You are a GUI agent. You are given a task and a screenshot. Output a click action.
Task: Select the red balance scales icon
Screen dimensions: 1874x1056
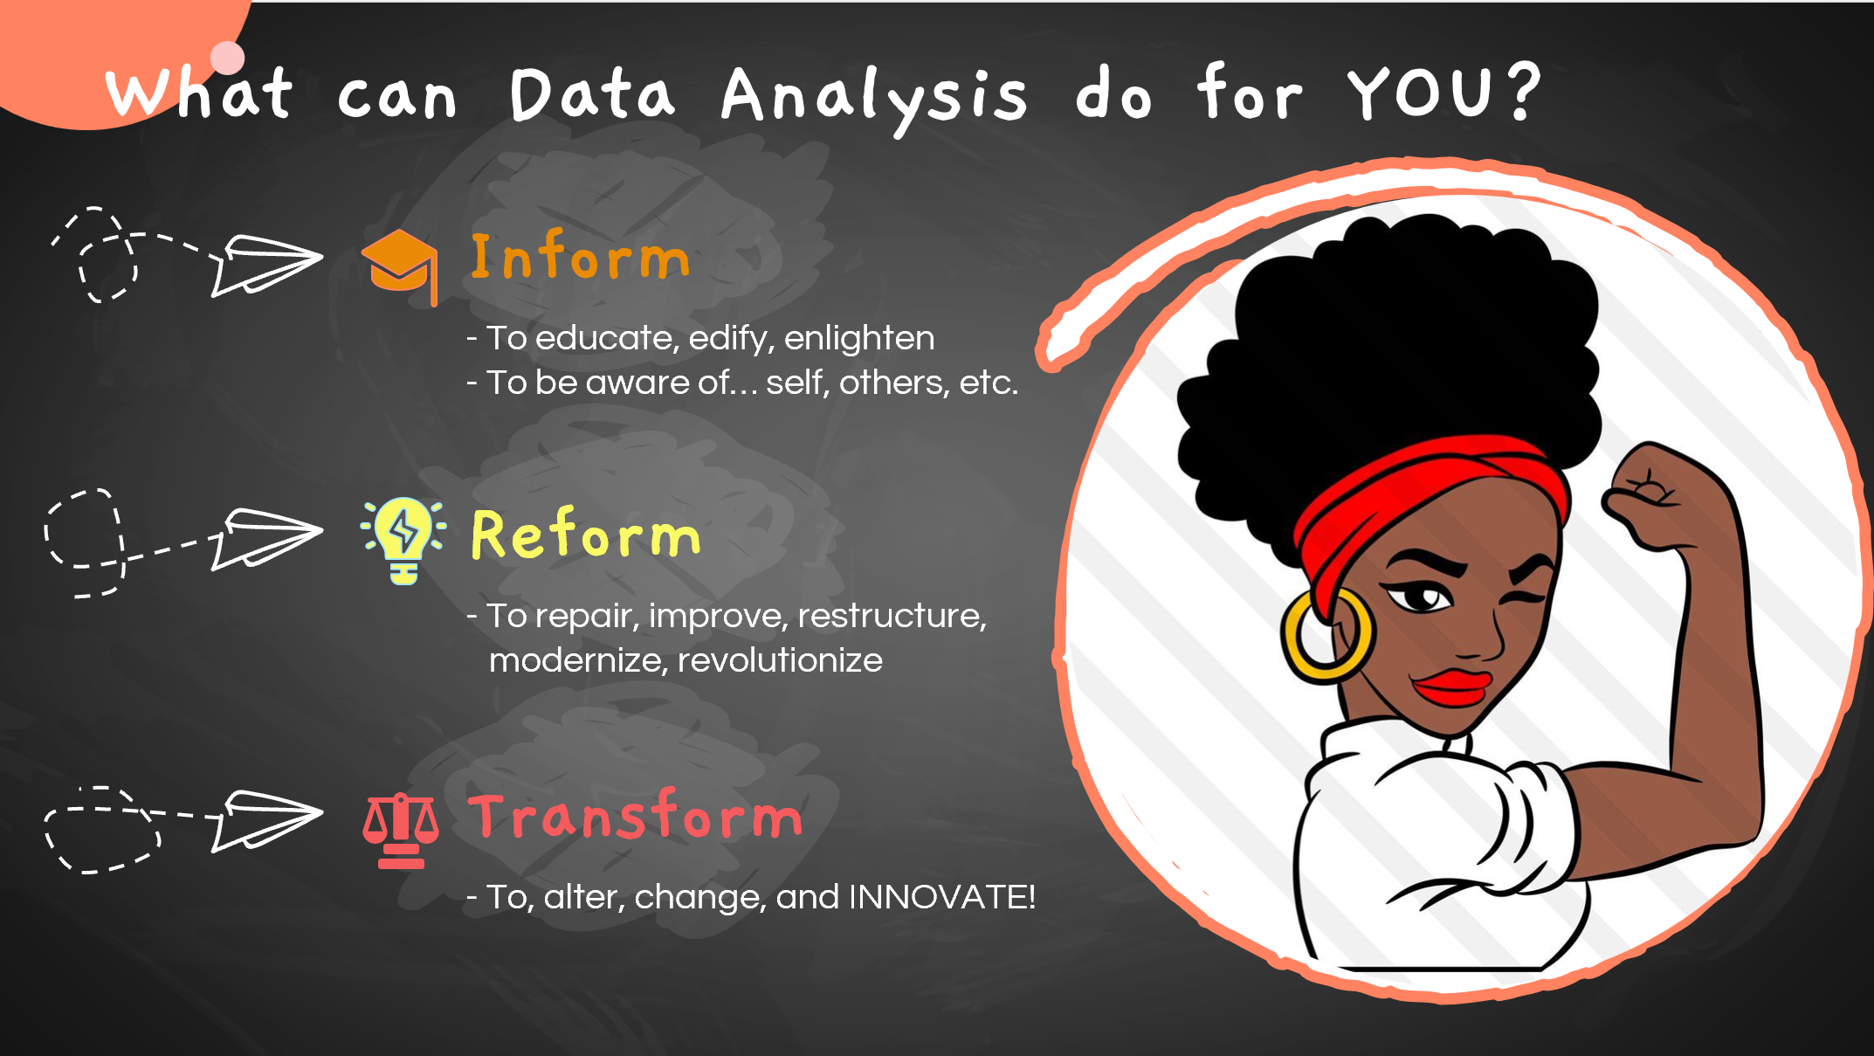pyautogui.click(x=401, y=831)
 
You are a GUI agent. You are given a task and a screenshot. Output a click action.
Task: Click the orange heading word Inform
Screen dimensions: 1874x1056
pyautogui.click(x=581, y=258)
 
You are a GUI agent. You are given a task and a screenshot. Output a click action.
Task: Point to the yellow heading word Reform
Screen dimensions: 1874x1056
pyautogui.click(x=586, y=534)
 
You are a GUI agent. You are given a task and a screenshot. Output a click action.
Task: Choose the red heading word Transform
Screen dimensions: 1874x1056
pyautogui.click(x=635, y=815)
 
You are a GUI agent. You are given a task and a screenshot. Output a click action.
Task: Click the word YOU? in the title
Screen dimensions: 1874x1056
pyautogui.click(x=1444, y=92)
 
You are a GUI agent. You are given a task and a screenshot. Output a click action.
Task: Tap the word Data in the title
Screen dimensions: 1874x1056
pyautogui.click(x=592, y=93)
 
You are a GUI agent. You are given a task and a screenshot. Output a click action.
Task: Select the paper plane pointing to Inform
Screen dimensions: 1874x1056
pyautogui.click(x=266, y=264)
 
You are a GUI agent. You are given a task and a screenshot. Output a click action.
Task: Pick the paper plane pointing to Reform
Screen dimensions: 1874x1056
pyautogui.click(x=265, y=538)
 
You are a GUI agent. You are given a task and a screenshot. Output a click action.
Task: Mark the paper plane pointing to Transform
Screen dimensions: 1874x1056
pyautogui.click(x=265, y=820)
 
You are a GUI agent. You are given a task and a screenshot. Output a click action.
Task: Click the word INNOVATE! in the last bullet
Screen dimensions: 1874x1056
pyautogui.click(x=942, y=897)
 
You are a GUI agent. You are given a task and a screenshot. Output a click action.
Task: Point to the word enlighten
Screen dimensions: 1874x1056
pyautogui.click(x=859, y=339)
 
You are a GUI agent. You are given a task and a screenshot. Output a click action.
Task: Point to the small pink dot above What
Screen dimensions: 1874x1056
pyautogui.click(x=228, y=58)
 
